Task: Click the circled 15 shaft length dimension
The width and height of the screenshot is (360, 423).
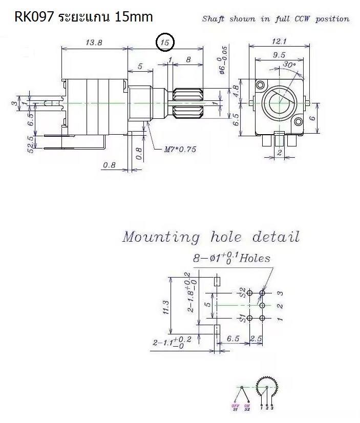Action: [x=165, y=43]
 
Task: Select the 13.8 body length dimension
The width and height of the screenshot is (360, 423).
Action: [x=93, y=43]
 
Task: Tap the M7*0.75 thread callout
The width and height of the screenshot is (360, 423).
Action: [x=180, y=150]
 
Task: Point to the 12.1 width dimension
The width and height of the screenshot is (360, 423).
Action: [x=279, y=41]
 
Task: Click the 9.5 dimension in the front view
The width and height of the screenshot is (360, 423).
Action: [x=279, y=55]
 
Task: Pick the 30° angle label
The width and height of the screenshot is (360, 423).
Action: [x=289, y=65]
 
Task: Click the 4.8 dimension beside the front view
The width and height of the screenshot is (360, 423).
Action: [x=236, y=91]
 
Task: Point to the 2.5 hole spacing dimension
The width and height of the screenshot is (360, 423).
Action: [x=256, y=339]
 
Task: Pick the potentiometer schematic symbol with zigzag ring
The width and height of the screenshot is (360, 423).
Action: [x=266, y=388]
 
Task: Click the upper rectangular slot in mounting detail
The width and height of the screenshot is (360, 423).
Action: [x=217, y=281]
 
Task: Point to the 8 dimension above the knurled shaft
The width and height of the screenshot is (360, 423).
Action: [x=188, y=59]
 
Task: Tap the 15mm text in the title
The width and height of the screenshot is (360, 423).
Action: [x=134, y=17]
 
